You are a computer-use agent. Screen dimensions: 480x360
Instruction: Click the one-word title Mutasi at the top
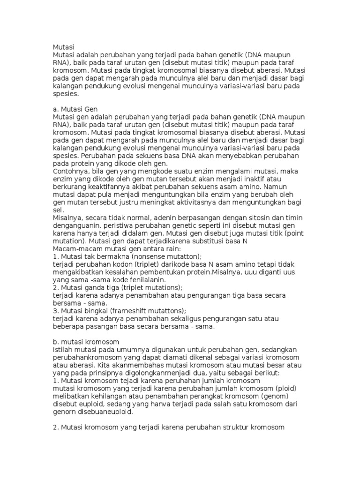click(x=63, y=47)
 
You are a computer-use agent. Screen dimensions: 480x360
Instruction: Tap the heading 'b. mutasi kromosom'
click(x=86, y=342)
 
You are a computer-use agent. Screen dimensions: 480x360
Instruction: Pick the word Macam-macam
click(x=75, y=249)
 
